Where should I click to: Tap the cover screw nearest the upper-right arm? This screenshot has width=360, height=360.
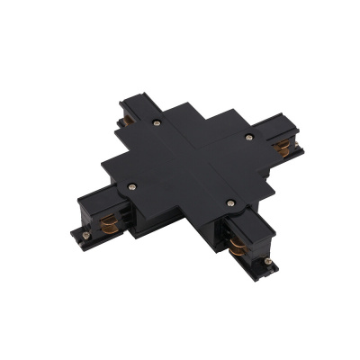pyautogui.click(x=249, y=137)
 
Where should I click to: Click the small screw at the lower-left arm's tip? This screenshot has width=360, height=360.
pyautogui.click(x=86, y=236)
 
